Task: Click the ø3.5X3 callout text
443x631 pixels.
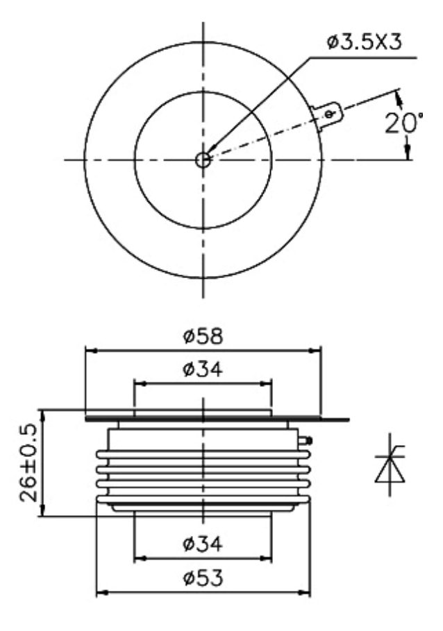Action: coord(365,42)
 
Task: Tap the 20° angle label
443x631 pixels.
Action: coord(403,123)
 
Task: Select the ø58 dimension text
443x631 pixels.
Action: coord(203,336)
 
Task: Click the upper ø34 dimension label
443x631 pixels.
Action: coord(203,370)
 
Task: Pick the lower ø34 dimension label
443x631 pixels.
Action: coord(203,544)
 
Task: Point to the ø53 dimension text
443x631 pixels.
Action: coord(203,578)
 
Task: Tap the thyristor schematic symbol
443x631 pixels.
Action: coord(390,465)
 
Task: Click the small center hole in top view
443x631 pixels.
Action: coord(203,159)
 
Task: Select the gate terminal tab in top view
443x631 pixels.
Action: coord(328,116)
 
